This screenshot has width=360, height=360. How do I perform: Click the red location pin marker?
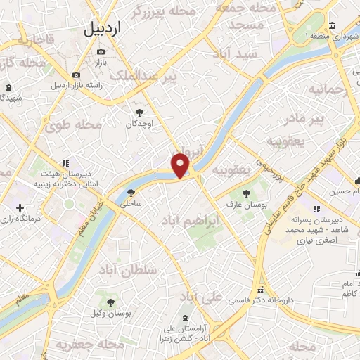click(x=181, y=165)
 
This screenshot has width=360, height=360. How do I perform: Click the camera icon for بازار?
click(x=101, y=52)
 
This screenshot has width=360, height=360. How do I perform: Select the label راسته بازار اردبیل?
click(x=82, y=85)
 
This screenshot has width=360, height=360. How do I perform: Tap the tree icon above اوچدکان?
click(x=139, y=112)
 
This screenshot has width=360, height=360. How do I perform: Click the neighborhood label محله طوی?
click(x=75, y=126)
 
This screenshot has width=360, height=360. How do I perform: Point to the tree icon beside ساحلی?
click(x=130, y=191)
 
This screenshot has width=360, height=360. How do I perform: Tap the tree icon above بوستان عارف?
click(x=245, y=193)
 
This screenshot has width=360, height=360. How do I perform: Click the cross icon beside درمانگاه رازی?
click(x=20, y=207)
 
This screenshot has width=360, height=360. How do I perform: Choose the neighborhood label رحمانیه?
click(x=329, y=89)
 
